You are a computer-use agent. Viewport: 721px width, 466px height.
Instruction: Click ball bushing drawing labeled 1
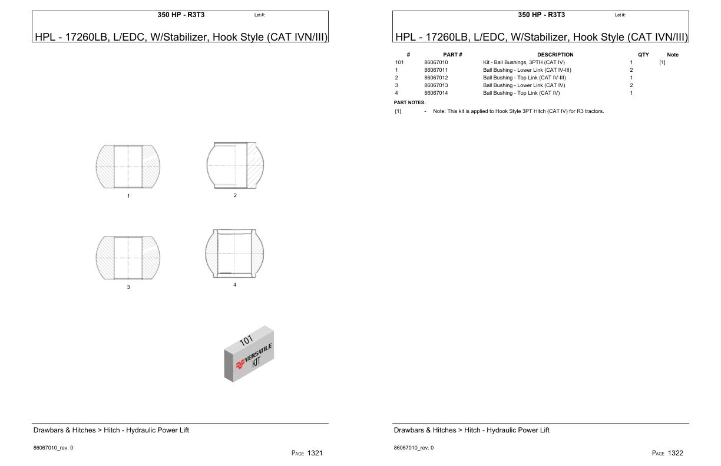click(x=128, y=167)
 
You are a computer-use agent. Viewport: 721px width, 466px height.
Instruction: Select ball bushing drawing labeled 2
click(x=235, y=165)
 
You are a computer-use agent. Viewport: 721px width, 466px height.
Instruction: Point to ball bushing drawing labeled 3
click(x=128, y=258)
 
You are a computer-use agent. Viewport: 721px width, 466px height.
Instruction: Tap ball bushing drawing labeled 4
click(x=235, y=254)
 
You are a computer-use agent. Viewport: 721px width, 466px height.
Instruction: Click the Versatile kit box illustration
click(x=249, y=354)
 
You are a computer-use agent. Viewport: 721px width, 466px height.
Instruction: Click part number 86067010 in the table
click(x=436, y=62)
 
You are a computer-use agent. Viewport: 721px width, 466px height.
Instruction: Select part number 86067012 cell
click(x=436, y=78)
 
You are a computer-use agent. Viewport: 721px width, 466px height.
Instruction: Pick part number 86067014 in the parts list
click(x=436, y=93)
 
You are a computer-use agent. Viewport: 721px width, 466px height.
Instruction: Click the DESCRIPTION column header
click(x=555, y=55)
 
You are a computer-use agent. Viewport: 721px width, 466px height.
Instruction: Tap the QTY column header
click(x=643, y=55)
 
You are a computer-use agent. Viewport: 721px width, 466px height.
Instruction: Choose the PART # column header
click(x=452, y=55)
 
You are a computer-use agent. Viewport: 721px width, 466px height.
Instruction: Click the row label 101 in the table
click(x=399, y=62)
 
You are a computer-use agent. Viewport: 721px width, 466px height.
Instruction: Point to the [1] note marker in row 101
click(x=662, y=62)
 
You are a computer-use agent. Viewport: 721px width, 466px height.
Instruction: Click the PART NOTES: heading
click(x=409, y=102)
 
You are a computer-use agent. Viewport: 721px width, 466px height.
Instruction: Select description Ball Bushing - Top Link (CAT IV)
click(x=521, y=93)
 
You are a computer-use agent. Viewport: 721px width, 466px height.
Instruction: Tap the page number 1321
click(x=315, y=453)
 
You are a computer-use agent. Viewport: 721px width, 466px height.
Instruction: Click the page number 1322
click(x=675, y=453)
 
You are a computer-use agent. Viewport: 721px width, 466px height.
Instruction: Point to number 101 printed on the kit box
click(x=246, y=339)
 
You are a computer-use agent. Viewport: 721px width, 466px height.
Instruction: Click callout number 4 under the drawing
click(x=234, y=285)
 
